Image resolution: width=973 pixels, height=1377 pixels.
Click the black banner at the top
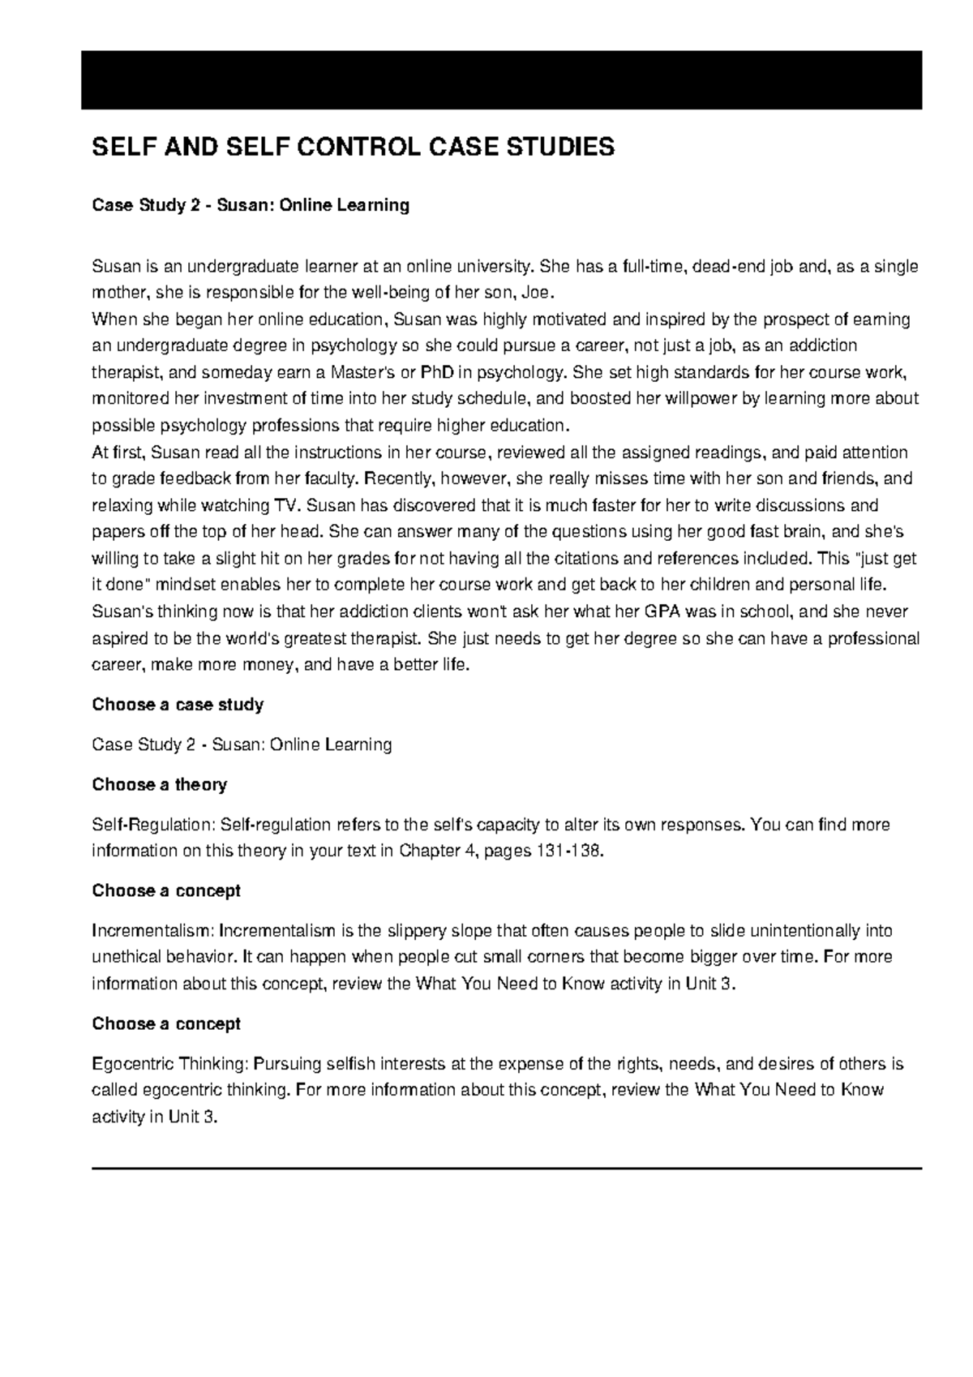coord(501,79)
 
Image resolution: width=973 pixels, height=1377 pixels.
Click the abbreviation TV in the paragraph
coord(281,505)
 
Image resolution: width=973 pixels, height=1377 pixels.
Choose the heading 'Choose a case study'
coord(178,705)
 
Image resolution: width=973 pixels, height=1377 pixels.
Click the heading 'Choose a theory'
coord(160,785)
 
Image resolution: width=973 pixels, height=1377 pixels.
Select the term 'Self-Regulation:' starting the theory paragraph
coord(151,826)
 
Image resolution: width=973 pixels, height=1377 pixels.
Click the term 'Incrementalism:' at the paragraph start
coord(153,931)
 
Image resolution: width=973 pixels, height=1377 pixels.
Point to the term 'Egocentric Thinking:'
coord(174,1064)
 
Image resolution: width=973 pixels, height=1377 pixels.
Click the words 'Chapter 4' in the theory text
coord(437,852)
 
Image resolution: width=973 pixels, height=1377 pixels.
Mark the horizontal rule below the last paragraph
coord(507,1169)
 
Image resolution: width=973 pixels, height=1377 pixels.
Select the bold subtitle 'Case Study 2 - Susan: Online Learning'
coord(251,206)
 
